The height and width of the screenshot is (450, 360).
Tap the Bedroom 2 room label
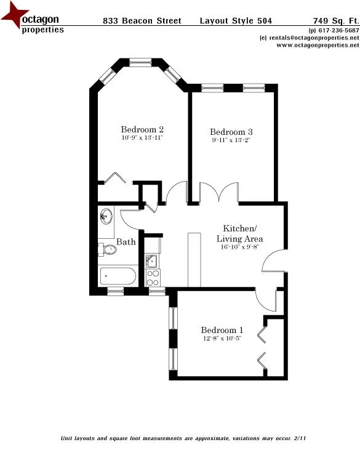click(x=142, y=129)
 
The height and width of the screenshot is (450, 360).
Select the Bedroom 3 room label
click(x=231, y=132)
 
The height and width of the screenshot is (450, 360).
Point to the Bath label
click(x=126, y=242)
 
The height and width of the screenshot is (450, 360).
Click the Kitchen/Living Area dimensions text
click(x=239, y=247)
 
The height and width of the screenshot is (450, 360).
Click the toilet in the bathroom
click(x=109, y=249)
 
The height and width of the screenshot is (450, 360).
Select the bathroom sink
click(x=105, y=217)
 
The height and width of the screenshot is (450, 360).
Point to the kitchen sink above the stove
click(x=151, y=260)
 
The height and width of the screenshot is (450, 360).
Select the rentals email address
click(x=310, y=38)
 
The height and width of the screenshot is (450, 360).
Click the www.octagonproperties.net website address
click(x=313, y=45)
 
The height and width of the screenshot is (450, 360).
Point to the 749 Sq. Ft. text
click(x=335, y=21)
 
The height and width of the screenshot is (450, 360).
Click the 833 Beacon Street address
click(x=142, y=21)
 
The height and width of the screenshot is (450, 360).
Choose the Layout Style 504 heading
click(x=237, y=21)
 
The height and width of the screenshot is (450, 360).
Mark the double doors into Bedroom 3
click(x=220, y=191)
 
